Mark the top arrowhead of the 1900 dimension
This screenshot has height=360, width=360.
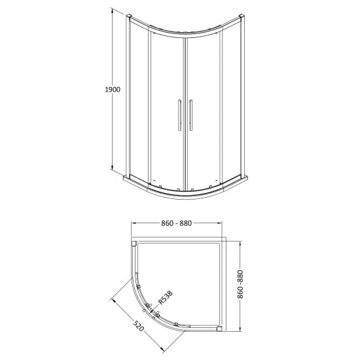pyautogui.click(x=112, y=12)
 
